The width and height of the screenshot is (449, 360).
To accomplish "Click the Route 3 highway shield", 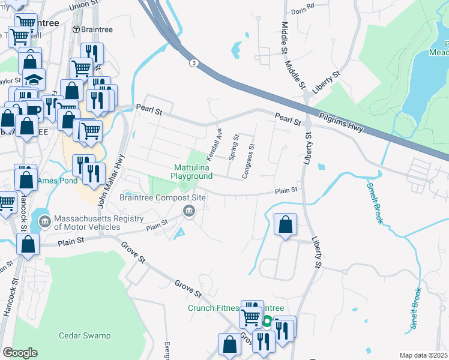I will point(193,62).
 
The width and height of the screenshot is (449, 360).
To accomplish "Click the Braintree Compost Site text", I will point(163,197).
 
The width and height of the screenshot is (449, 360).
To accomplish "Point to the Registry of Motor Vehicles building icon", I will point(45,222).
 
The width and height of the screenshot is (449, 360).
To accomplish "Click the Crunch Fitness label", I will point(214,308).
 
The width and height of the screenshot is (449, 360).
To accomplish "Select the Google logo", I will point(20,352).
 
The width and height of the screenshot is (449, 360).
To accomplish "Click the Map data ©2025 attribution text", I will point(423,355).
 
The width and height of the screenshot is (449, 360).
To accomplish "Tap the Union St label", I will point(83,5).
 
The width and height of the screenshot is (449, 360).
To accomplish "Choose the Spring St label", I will point(234,148).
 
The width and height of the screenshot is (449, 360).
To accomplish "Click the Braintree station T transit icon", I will point(76,29).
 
